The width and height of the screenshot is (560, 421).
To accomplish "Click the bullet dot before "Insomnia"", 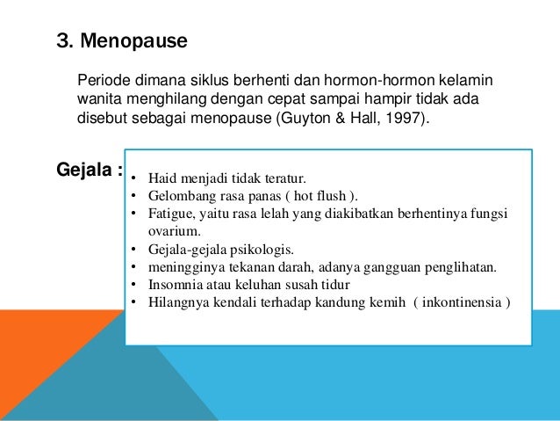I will click(x=132, y=285).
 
